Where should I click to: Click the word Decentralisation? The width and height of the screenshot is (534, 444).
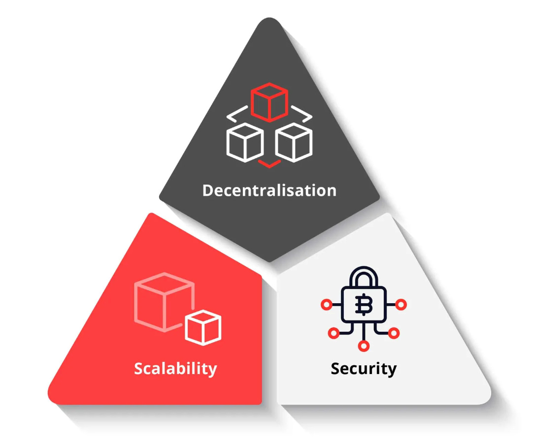coord(269,190)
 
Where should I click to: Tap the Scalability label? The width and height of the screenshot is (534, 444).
coord(175,368)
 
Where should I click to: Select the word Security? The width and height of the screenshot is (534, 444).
coord(364,368)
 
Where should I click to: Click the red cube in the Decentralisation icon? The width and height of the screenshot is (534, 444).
coord(269,101)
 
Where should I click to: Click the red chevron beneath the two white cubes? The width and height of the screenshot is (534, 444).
coord(269,163)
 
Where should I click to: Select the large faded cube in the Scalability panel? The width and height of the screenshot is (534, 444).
coord(163,300)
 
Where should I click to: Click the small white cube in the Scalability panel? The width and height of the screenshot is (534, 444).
coord(203,327)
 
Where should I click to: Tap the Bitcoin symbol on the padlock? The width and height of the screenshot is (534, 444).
coord(364,306)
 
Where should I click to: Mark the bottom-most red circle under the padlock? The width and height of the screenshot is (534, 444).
coord(364,346)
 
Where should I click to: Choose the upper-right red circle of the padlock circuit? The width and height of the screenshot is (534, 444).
coord(401,305)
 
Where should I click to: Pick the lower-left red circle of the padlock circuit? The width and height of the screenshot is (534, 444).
coord(334,333)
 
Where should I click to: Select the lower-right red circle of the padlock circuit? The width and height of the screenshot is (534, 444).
coord(394,333)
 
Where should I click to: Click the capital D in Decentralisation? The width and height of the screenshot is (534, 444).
coord(209,190)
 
